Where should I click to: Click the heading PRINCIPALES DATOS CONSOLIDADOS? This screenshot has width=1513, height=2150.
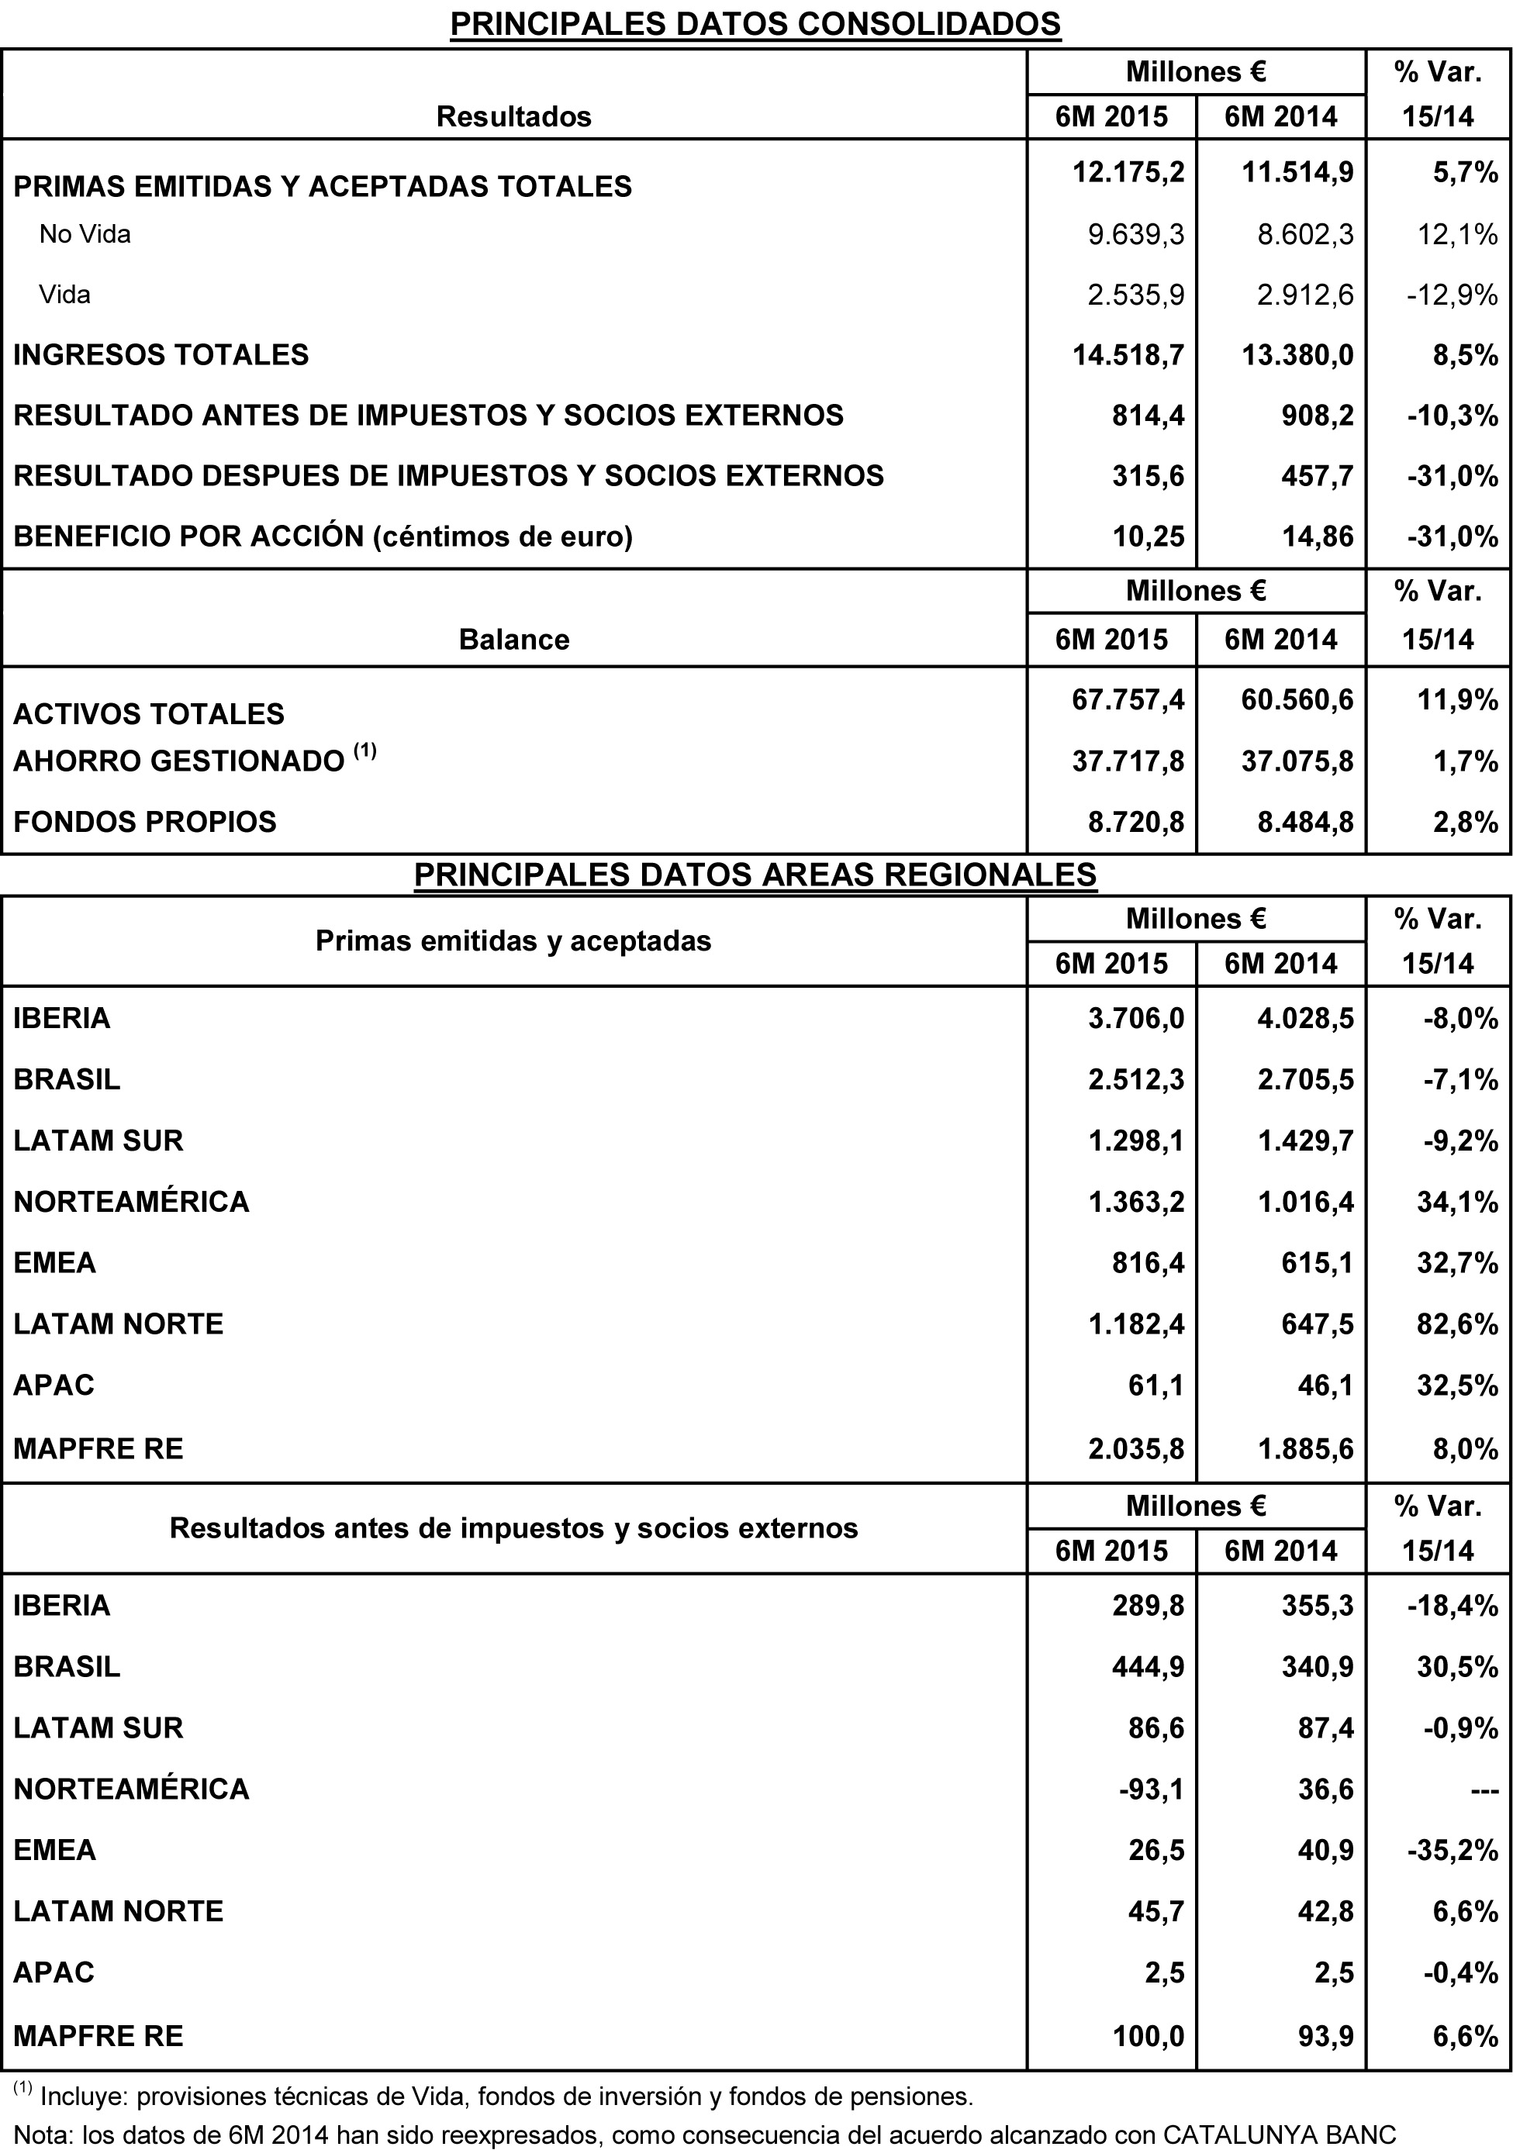click(x=755, y=23)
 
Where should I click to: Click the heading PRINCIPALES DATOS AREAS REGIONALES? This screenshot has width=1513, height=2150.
click(x=755, y=874)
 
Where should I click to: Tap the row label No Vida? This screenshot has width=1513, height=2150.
click(x=85, y=234)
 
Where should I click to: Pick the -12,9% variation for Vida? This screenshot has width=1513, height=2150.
click(x=1451, y=295)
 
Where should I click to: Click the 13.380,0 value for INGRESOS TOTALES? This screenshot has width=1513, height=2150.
click(x=1297, y=355)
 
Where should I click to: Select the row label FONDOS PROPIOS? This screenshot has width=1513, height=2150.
click(x=145, y=821)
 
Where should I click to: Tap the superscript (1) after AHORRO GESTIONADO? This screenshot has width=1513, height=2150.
click(x=365, y=750)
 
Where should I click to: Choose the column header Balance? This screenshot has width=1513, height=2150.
click(x=513, y=640)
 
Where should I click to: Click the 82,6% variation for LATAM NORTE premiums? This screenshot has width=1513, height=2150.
click(x=1457, y=1323)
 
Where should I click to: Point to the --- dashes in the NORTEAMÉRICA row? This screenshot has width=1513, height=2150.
click(x=1477, y=1789)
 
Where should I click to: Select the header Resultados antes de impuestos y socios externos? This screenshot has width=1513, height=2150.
click(x=513, y=1528)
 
